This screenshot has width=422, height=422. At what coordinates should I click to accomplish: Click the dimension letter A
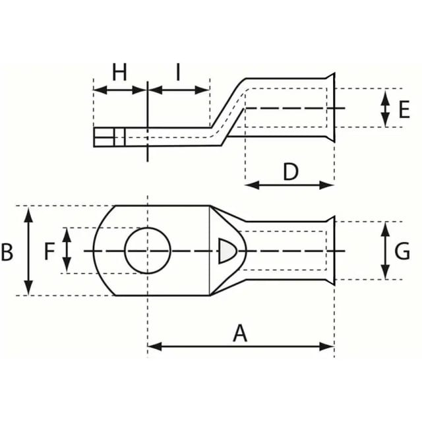click(x=240, y=333)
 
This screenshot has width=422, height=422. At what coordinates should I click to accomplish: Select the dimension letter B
click(x=7, y=252)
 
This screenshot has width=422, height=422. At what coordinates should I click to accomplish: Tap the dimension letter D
click(x=291, y=171)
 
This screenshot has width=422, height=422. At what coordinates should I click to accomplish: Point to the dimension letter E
click(x=404, y=109)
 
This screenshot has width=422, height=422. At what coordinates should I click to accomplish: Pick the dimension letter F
click(x=49, y=251)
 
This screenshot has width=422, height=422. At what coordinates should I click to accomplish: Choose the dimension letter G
click(x=402, y=251)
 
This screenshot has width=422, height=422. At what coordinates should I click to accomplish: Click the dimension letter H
click(x=119, y=72)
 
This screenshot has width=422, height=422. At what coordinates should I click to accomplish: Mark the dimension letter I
click(x=178, y=72)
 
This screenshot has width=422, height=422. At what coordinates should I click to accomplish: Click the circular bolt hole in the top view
click(x=148, y=227)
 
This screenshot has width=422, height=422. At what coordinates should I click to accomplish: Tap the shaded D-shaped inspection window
click(x=227, y=251)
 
